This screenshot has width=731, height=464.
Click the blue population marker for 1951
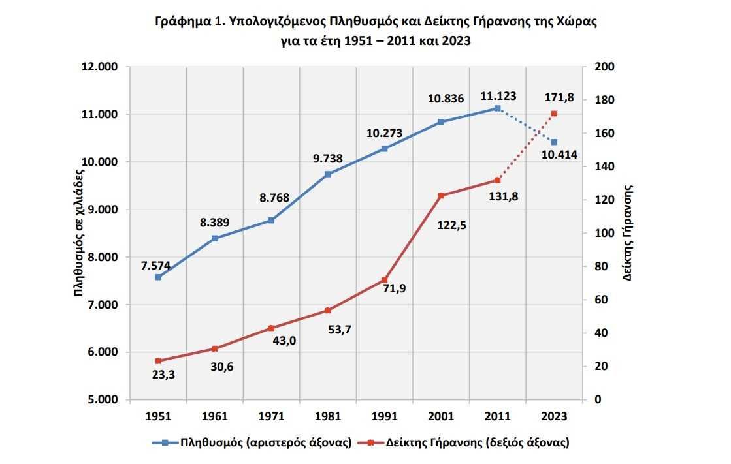tap(158, 277)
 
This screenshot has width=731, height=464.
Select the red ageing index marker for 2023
tap(554, 114)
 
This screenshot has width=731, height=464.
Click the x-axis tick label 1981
tap(328, 416)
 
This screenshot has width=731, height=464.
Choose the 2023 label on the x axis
tap(554, 416)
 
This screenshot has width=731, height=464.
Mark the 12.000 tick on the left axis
tap(98, 67)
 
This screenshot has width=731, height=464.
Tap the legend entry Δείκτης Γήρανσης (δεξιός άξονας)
tap(478, 442)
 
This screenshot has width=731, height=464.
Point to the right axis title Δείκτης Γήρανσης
tap(628, 233)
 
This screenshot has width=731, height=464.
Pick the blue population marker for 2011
tap(497, 108)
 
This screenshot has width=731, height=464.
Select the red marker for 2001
tap(441, 196)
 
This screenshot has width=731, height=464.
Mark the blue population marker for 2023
tap(554, 142)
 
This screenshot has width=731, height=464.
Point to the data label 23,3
tap(163, 375)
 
